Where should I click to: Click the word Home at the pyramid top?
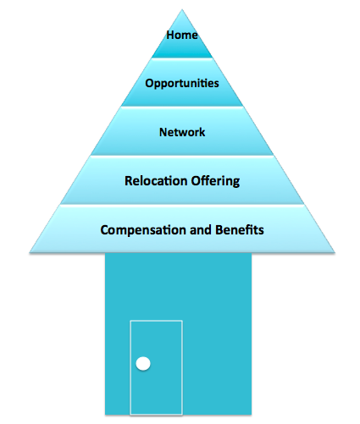(182, 36)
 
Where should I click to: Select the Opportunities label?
(182, 84)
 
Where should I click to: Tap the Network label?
(182, 132)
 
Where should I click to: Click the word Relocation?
(156, 180)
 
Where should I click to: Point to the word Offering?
(215, 181)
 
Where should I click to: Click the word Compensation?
(143, 230)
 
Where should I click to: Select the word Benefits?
(240, 229)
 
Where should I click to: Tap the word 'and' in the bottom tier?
(201, 229)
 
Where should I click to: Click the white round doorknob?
(143, 364)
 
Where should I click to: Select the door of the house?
(156, 367)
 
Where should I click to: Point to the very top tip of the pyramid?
(182, 9)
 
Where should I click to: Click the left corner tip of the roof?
(30, 252)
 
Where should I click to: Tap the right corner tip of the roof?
(335, 252)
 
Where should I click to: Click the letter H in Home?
(170, 36)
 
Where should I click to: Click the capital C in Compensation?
(104, 230)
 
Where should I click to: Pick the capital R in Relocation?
(129, 181)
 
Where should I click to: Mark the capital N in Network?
(163, 132)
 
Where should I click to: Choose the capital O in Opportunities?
(149, 83)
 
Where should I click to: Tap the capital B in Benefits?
(219, 230)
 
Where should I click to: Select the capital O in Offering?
(196, 181)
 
